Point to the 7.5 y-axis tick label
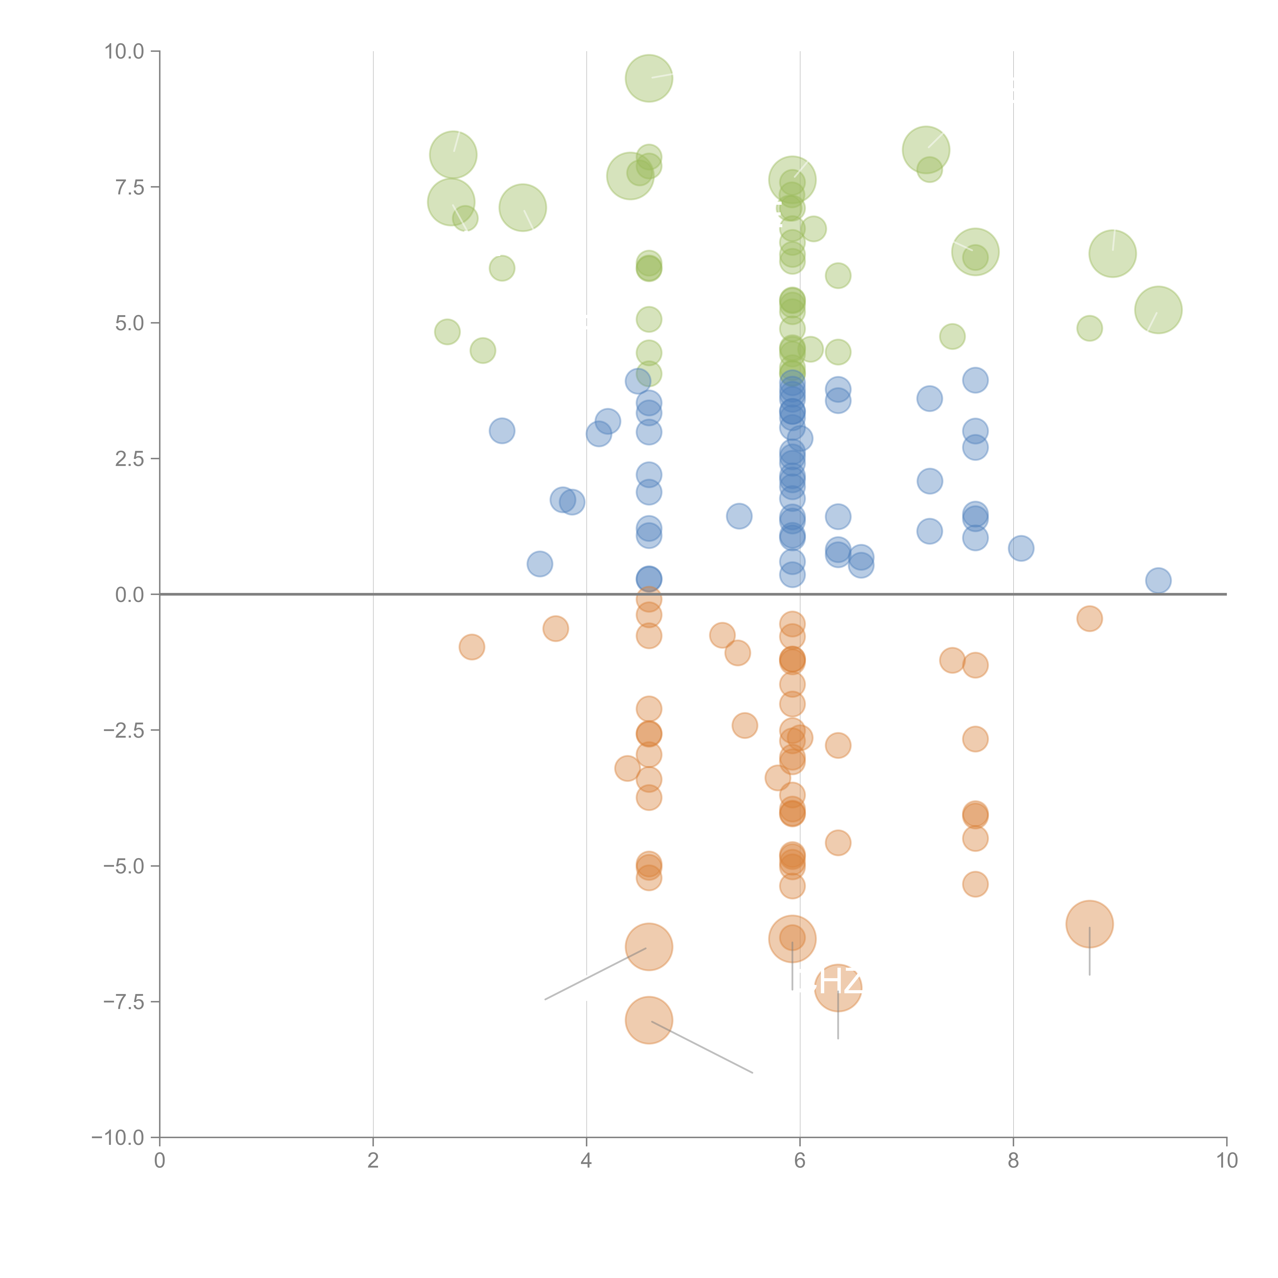click(129, 187)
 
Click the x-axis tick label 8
click(1013, 1161)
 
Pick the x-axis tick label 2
click(373, 1161)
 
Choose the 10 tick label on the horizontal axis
click(1226, 1161)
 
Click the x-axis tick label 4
click(586, 1161)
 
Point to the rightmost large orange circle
click(1089, 924)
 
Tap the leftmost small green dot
click(447, 332)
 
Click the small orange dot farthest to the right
click(1089, 619)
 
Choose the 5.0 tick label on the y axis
click(129, 324)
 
